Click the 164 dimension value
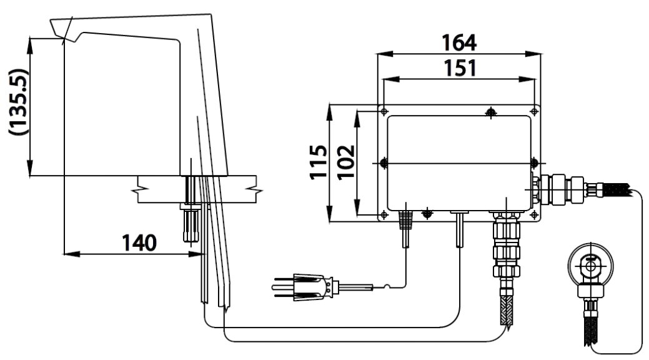(459, 43)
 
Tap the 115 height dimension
(319, 162)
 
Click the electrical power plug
(300, 286)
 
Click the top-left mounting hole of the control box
(384, 111)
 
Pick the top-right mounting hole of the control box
(534, 111)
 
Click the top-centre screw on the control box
(491, 112)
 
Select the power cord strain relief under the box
(404, 221)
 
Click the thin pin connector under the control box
(460, 229)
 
